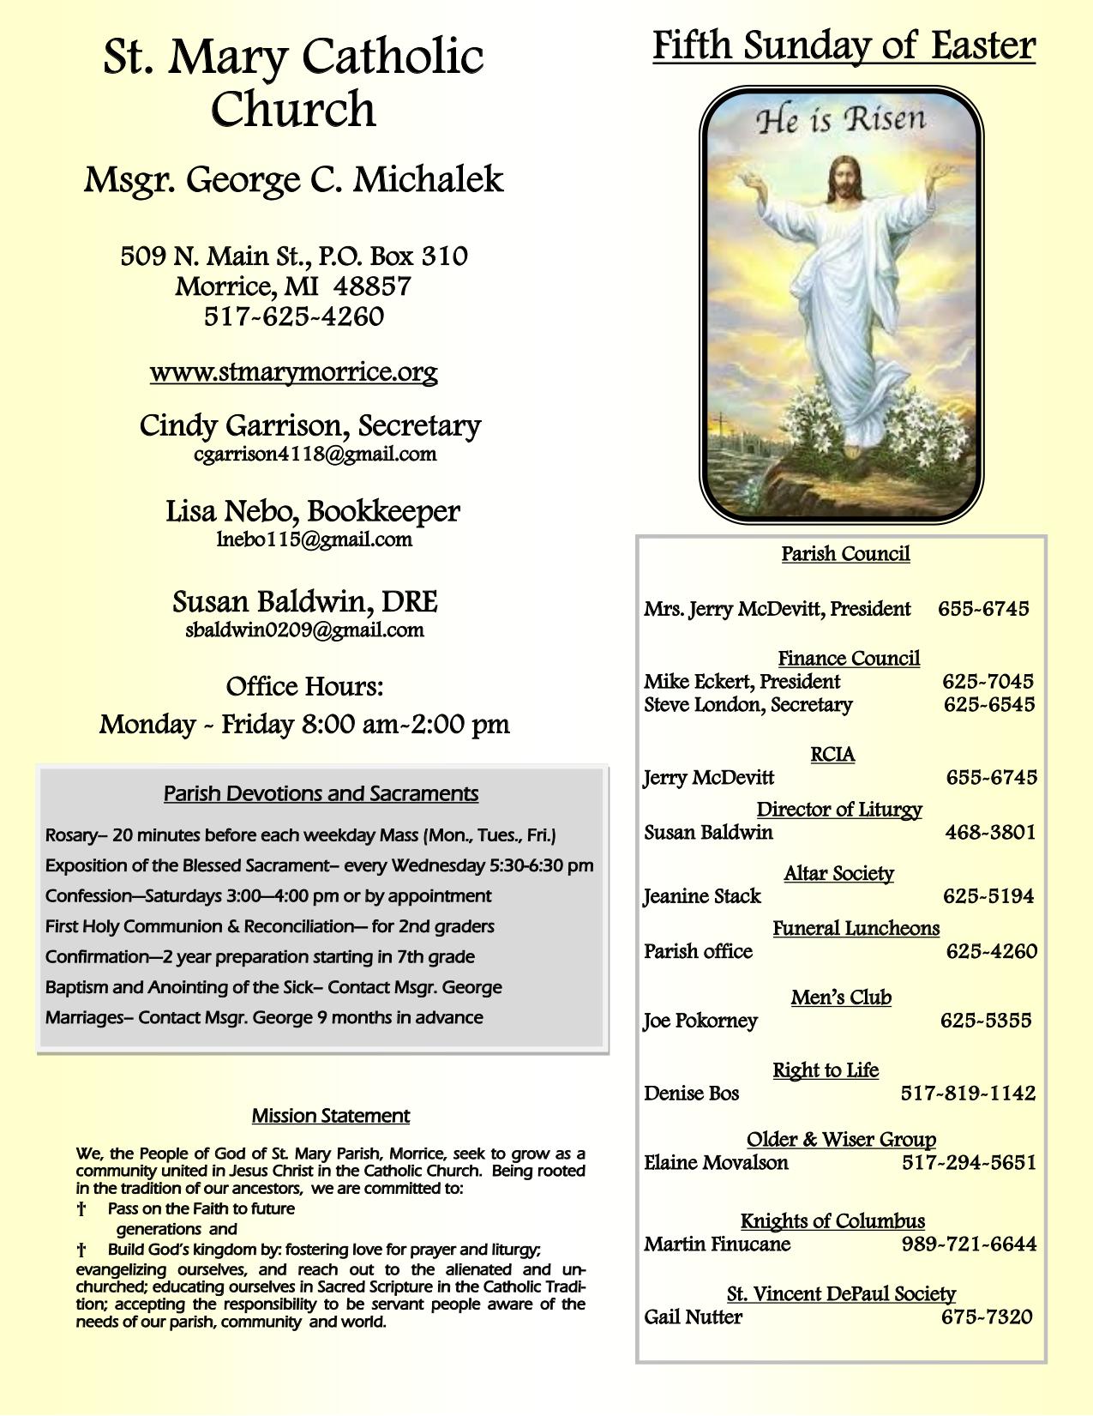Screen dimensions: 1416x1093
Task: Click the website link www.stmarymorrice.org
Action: [293, 372]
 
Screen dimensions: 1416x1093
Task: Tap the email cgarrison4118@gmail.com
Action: [315, 455]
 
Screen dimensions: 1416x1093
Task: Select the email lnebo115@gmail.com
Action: [315, 539]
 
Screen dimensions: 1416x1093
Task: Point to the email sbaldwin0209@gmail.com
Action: [304, 630]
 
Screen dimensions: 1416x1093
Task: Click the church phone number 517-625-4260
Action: [293, 316]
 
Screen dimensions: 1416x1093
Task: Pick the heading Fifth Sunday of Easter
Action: [844, 45]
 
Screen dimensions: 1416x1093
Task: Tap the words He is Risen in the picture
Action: [840, 120]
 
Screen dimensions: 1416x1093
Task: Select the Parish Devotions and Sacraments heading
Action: [321, 793]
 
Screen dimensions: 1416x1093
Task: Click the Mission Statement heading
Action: [330, 1116]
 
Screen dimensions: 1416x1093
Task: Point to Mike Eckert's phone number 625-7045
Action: [988, 682]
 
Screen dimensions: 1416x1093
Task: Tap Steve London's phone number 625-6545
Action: [988, 705]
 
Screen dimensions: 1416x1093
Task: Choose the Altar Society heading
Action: [838, 873]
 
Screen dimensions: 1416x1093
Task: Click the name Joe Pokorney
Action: [700, 1021]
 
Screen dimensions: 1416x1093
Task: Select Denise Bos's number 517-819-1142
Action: [968, 1094]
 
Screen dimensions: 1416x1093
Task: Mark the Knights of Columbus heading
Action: [832, 1220]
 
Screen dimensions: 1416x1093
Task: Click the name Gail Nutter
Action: [693, 1317]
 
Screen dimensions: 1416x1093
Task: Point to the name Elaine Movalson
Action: [716, 1163]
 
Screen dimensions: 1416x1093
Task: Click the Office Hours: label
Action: [304, 687]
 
